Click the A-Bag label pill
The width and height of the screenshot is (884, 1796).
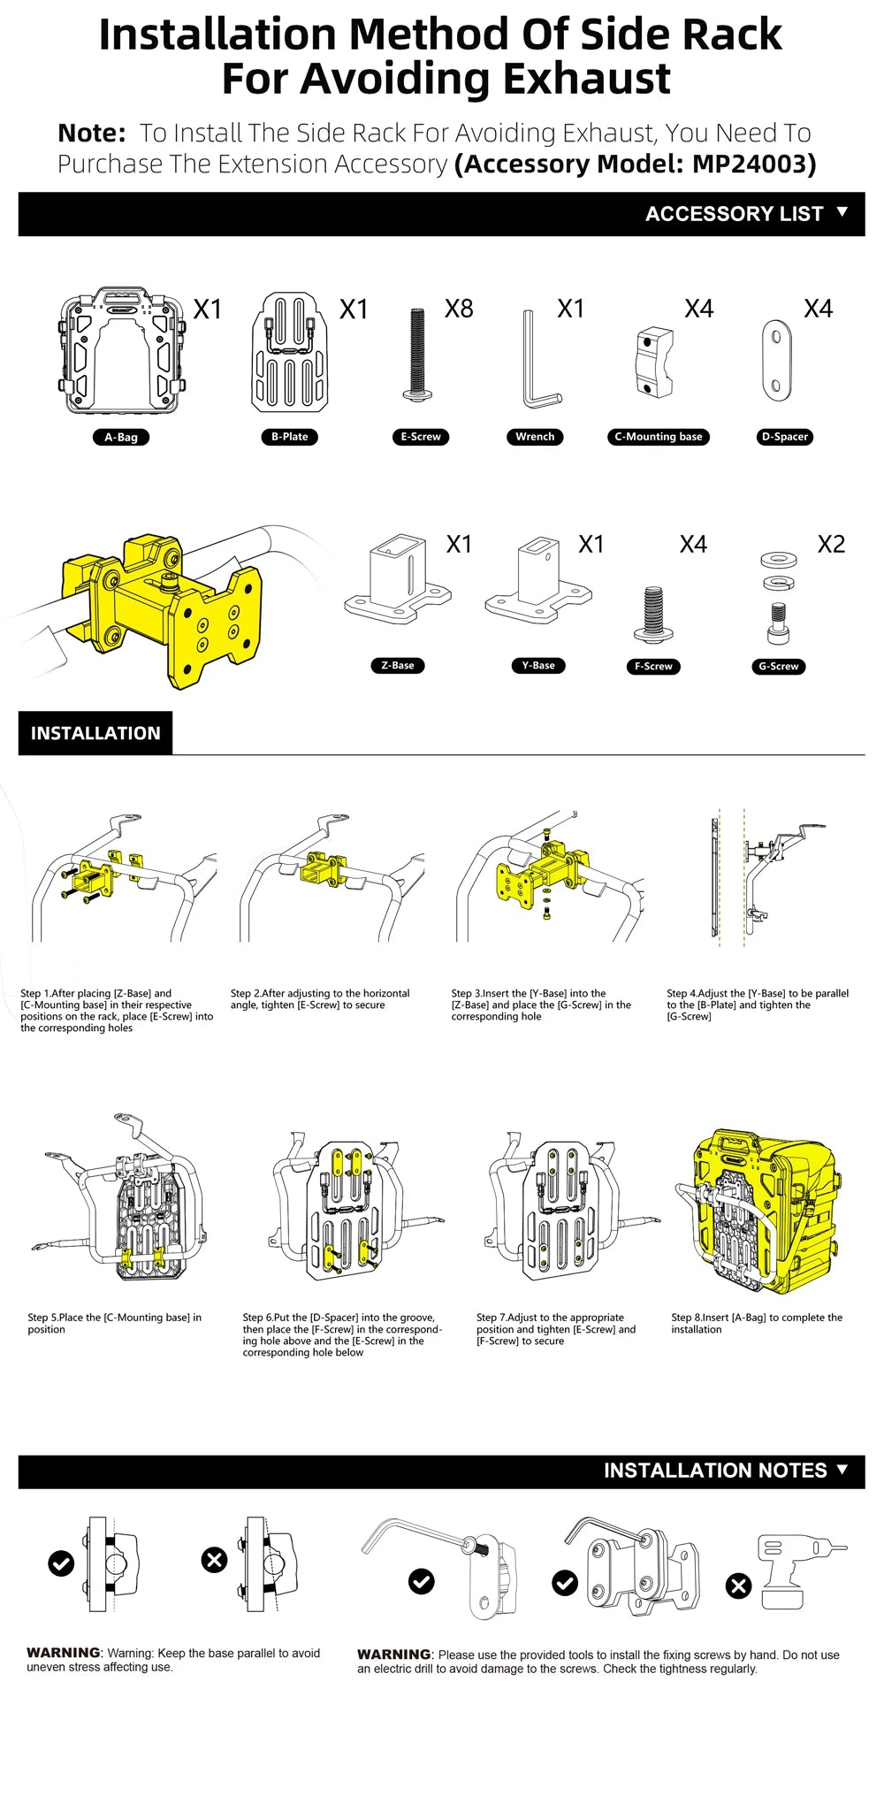click(x=121, y=437)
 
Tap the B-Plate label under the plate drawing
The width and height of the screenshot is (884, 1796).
click(x=290, y=437)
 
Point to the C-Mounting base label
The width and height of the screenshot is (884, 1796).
click(x=659, y=437)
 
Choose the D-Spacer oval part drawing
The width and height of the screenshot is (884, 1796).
click(x=776, y=362)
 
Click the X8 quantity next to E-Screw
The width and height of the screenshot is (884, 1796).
click(x=459, y=309)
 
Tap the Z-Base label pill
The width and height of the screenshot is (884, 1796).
click(x=398, y=666)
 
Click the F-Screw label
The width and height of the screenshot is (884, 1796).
click(x=653, y=667)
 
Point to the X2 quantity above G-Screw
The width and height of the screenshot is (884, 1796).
click(x=831, y=544)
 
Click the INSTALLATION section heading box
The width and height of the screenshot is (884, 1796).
click(x=95, y=733)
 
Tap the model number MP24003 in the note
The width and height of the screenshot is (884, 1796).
click(x=754, y=164)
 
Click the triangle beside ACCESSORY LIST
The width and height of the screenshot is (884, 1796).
click(x=842, y=212)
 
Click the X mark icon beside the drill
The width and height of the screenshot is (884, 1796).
click(x=738, y=1586)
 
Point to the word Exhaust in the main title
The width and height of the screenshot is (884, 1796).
click(x=574, y=79)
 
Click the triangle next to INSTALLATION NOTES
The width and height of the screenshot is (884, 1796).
click(x=842, y=1469)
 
